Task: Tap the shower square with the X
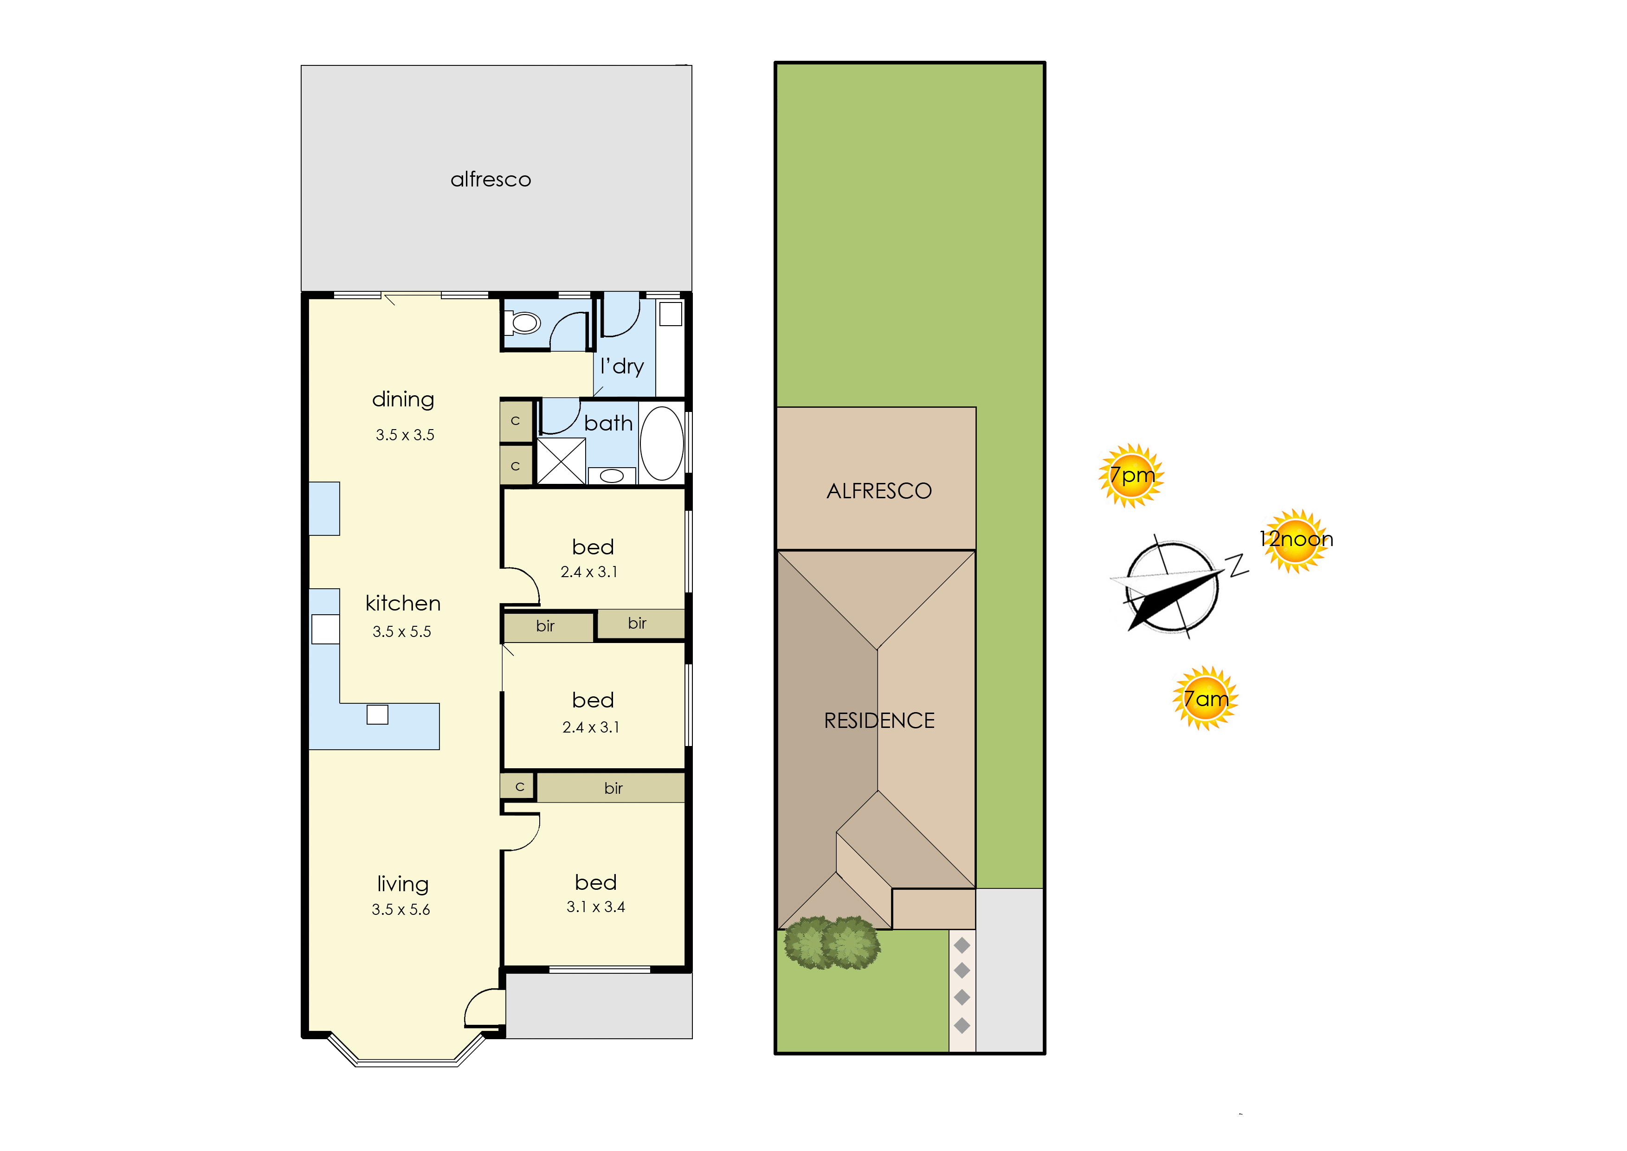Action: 562,462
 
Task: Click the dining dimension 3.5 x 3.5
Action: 405,434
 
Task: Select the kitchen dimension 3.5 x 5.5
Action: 401,631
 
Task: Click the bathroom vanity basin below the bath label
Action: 611,476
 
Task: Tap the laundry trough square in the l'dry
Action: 671,313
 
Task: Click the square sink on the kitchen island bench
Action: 377,714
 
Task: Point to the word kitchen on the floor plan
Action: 403,603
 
